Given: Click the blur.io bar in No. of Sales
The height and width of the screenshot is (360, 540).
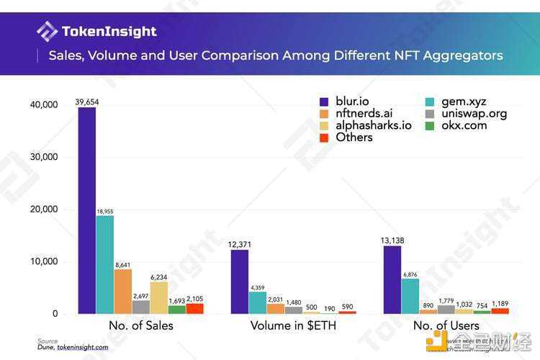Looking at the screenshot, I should (87, 210).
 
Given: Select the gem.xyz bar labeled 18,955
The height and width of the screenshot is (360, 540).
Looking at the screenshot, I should (105, 264).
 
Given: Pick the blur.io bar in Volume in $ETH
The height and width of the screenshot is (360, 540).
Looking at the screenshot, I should (240, 282).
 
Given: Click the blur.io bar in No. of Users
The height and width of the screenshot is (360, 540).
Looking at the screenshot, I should (392, 279).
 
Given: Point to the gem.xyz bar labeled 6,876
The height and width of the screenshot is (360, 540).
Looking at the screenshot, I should (410, 296).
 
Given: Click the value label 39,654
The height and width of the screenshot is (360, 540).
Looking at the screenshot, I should (86, 102).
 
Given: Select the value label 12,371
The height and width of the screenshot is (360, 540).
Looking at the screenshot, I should (239, 245).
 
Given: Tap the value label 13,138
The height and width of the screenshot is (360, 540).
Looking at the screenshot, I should (392, 241).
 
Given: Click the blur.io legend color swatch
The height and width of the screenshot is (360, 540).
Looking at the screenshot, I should (325, 102).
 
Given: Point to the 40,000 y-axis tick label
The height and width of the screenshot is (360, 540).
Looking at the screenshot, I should (42, 105).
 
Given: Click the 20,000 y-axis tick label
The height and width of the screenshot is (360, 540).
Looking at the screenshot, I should (42, 210).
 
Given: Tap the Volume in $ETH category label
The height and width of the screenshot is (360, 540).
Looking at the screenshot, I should (294, 325).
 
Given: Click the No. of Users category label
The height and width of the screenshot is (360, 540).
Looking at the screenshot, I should (446, 325).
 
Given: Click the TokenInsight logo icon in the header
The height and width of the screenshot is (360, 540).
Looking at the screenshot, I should (47, 32).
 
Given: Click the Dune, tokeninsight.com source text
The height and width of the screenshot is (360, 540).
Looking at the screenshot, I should (73, 347).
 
